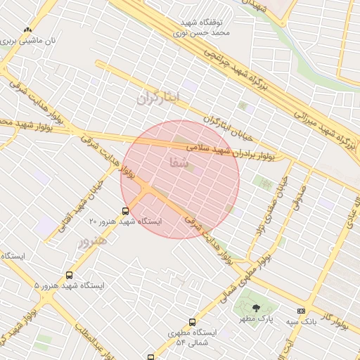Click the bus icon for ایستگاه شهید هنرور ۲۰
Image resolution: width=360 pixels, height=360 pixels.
[x=125, y=210]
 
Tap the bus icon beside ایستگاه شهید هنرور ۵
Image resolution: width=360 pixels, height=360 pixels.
[x=69, y=275]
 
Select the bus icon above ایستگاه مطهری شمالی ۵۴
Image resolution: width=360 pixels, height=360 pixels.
[x=191, y=321]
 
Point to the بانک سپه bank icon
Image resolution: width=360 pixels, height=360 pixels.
[x=302, y=311]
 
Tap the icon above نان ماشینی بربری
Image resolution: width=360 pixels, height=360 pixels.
[x=27, y=30]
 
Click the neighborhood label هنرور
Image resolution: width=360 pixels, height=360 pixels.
[x=90, y=241]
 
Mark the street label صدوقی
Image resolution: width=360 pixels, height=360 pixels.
[x=302, y=198]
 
